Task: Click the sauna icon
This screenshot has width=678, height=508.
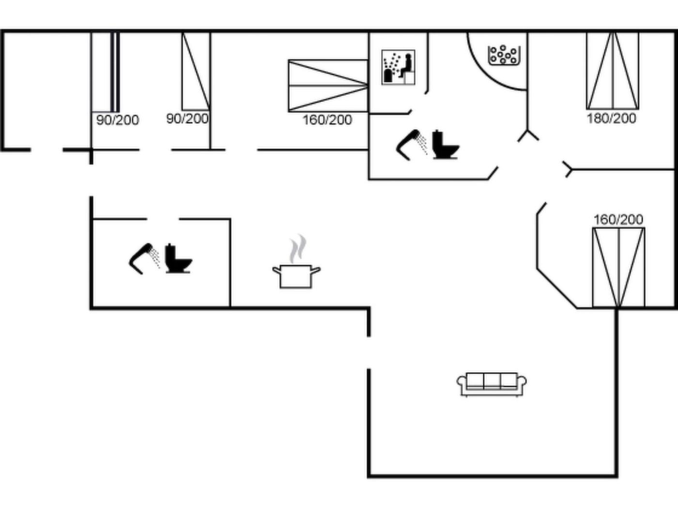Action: [x=398, y=67]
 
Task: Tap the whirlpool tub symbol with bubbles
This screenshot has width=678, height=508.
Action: [x=504, y=55]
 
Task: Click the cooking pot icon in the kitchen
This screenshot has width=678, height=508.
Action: [x=296, y=276]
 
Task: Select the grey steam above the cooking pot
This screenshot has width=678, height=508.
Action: [x=298, y=249]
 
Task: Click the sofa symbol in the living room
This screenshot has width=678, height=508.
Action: [x=492, y=384]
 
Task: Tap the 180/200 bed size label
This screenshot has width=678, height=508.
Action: [x=611, y=119]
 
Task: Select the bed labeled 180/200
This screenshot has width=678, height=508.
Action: [x=613, y=71]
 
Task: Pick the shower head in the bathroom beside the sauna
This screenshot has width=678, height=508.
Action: [x=412, y=145]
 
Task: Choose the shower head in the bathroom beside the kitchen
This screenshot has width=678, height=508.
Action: [x=144, y=258]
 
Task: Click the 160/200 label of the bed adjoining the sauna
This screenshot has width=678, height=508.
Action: [x=327, y=120]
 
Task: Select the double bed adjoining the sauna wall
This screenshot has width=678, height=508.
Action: [x=328, y=86]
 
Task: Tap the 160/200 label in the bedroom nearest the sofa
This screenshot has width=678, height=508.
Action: [x=618, y=220]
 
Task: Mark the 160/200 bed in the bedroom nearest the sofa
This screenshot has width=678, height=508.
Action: [x=618, y=268]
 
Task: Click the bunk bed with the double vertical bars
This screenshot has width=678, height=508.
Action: [x=106, y=72]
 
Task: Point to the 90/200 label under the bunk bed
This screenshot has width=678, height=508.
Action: [x=118, y=120]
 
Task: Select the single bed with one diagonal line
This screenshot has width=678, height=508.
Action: [x=196, y=71]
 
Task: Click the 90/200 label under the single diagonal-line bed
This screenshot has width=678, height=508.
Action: [x=187, y=119]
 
